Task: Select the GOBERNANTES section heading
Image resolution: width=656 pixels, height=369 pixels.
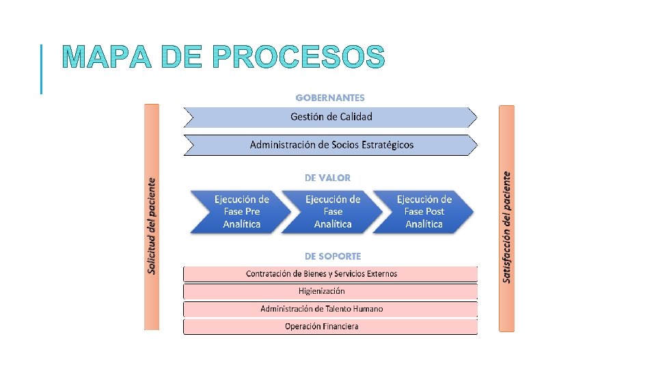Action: click(330, 98)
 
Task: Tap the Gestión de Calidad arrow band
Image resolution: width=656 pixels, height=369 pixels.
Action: click(331, 117)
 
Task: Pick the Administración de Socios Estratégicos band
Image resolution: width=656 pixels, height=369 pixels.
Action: click(331, 145)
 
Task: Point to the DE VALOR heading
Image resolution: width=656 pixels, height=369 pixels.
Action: click(328, 178)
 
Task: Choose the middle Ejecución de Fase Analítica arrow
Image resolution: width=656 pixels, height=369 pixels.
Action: click(333, 212)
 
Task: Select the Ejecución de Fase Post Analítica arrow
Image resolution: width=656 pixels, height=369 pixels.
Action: click(424, 212)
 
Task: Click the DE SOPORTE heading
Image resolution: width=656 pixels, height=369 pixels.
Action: click(333, 256)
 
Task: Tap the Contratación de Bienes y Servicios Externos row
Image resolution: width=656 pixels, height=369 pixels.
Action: click(331, 274)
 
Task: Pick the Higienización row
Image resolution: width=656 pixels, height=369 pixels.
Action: click(331, 291)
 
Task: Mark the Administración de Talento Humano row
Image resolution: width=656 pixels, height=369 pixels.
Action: click(331, 309)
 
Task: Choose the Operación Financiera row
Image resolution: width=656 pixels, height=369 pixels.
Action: click(331, 327)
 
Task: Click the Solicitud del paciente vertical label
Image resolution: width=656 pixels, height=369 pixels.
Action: click(152, 225)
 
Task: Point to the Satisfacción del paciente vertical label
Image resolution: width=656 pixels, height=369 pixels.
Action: click(506, 225)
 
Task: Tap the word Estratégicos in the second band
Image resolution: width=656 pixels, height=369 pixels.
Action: click(383, 145)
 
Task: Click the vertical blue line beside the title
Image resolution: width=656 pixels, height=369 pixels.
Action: click(42, 68)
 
